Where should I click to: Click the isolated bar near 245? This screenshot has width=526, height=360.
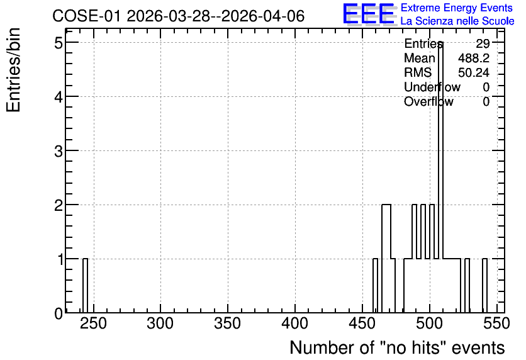click(x=85, y=286)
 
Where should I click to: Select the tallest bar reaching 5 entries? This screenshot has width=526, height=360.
click(x=441, y=177)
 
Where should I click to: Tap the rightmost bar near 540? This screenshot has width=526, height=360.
click(x=484, y=286)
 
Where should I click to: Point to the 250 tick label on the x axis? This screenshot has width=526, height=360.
click(x=93, y=324)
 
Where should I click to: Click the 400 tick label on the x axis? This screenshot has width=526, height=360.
click(x=295, y=324)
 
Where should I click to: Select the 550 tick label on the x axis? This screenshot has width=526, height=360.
click(x=497, y=324)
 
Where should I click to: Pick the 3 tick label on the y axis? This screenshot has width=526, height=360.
click(x=59, y=151)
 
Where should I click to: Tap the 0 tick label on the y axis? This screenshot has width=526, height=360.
click(x=59, y=313)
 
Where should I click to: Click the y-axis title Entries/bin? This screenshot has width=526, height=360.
click(x=14, y=70)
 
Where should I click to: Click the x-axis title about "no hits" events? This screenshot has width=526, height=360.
click(x=397, y=348)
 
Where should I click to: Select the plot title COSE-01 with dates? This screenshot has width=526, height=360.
click(x=179, y=16)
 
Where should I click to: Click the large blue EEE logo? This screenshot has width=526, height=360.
click(x=369, y=14)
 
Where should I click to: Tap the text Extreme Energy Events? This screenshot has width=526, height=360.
click(x=457, y=8)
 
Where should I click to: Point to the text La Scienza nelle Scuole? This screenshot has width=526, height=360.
click(x=457, y=21)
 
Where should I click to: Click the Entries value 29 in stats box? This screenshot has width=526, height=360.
click(x=483, y=43)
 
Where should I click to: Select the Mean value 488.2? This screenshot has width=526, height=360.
click(x=474, y=58)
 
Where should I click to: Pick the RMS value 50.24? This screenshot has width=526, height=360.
click(x=474, y=72)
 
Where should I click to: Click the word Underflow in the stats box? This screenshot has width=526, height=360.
click(x=432, y=87)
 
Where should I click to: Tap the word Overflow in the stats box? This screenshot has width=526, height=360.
click(x=428, y=101)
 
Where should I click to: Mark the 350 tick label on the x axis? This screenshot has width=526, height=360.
click(x=228, y=324)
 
